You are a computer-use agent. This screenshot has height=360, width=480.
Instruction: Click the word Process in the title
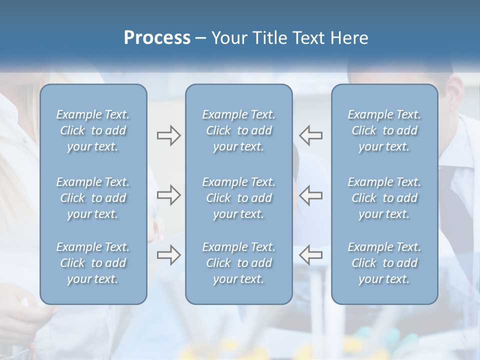[157, 38]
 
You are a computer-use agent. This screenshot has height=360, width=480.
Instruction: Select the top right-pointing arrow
[169, 135]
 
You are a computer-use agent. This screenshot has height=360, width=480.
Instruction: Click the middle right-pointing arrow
[169, 195]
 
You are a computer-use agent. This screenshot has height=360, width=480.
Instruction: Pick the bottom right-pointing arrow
[169, 254]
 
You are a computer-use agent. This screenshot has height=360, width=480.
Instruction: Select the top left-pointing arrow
[310, 135]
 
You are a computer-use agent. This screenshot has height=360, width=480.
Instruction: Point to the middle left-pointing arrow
[310, 195]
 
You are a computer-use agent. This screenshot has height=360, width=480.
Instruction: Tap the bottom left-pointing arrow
[310, 254]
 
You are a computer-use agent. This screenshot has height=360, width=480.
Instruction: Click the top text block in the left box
[93, 130]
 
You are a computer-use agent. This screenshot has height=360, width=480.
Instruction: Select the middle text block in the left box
[93, 198]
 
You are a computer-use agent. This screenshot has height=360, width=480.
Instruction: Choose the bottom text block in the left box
[93, 263]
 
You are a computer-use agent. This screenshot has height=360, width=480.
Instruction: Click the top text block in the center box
[239, 130]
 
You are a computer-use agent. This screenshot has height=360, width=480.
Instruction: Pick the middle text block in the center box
[239, 198]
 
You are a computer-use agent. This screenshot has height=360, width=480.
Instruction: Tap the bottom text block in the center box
[239, 263]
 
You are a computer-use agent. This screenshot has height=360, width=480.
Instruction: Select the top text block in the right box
[384, 130]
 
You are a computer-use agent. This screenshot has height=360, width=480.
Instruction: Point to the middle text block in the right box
[384, 198]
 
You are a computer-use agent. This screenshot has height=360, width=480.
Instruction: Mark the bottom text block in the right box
[384, 263]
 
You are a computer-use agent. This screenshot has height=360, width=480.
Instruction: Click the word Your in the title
[227, 38]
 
